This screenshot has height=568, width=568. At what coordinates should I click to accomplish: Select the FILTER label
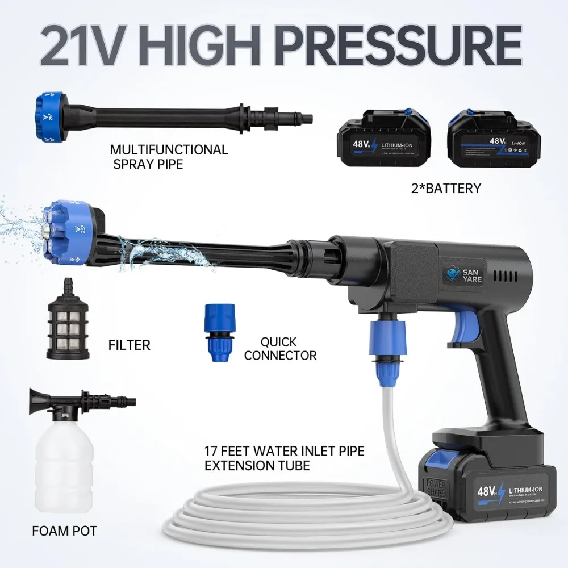tap(130, 345)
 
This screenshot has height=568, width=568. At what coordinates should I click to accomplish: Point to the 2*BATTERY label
tap(445, 188)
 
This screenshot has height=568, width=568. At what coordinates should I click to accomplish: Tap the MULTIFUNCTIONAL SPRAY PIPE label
tap(169, 157)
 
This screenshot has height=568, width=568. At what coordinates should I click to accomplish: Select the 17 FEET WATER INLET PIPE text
tap(284, 452)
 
